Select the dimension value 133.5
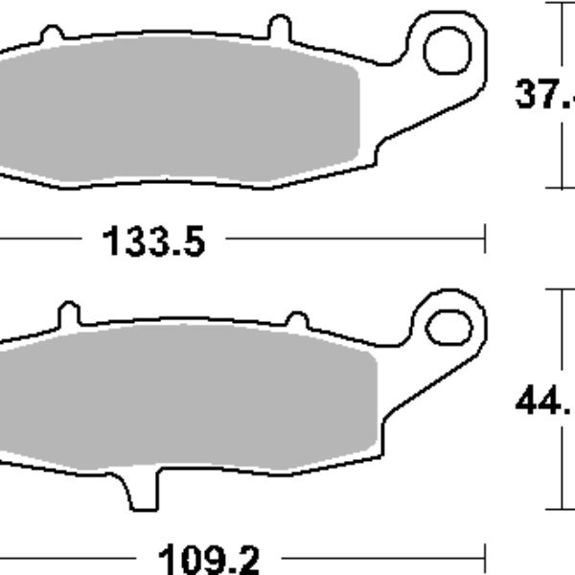[x=153, y=242]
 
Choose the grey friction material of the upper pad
[x=182, y=105]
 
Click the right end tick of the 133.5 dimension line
[x=487, y=237]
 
